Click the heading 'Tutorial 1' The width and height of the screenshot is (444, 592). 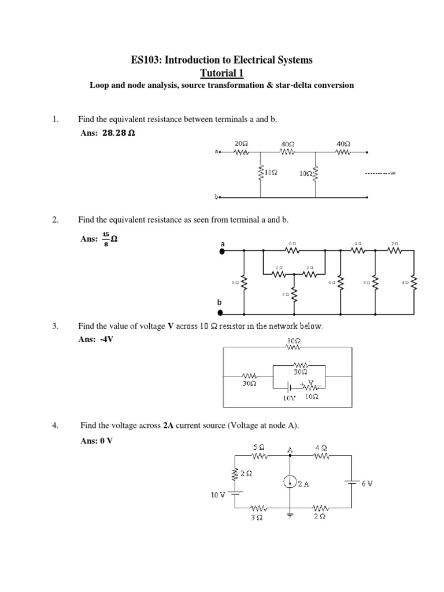click(x=221, y=72)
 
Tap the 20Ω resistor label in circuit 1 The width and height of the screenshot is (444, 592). click(x=241, y=143)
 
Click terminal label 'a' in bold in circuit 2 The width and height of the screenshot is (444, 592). click(x=221, y=245)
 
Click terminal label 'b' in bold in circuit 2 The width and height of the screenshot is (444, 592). click(x=219, y=302)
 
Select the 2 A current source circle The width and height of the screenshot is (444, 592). click(x=290, y=482)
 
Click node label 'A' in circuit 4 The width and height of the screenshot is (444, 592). click(x=290, y=448)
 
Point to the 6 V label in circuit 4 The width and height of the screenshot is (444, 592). click(x=367, y=483)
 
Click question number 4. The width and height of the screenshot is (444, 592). click(x=55, y=425)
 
